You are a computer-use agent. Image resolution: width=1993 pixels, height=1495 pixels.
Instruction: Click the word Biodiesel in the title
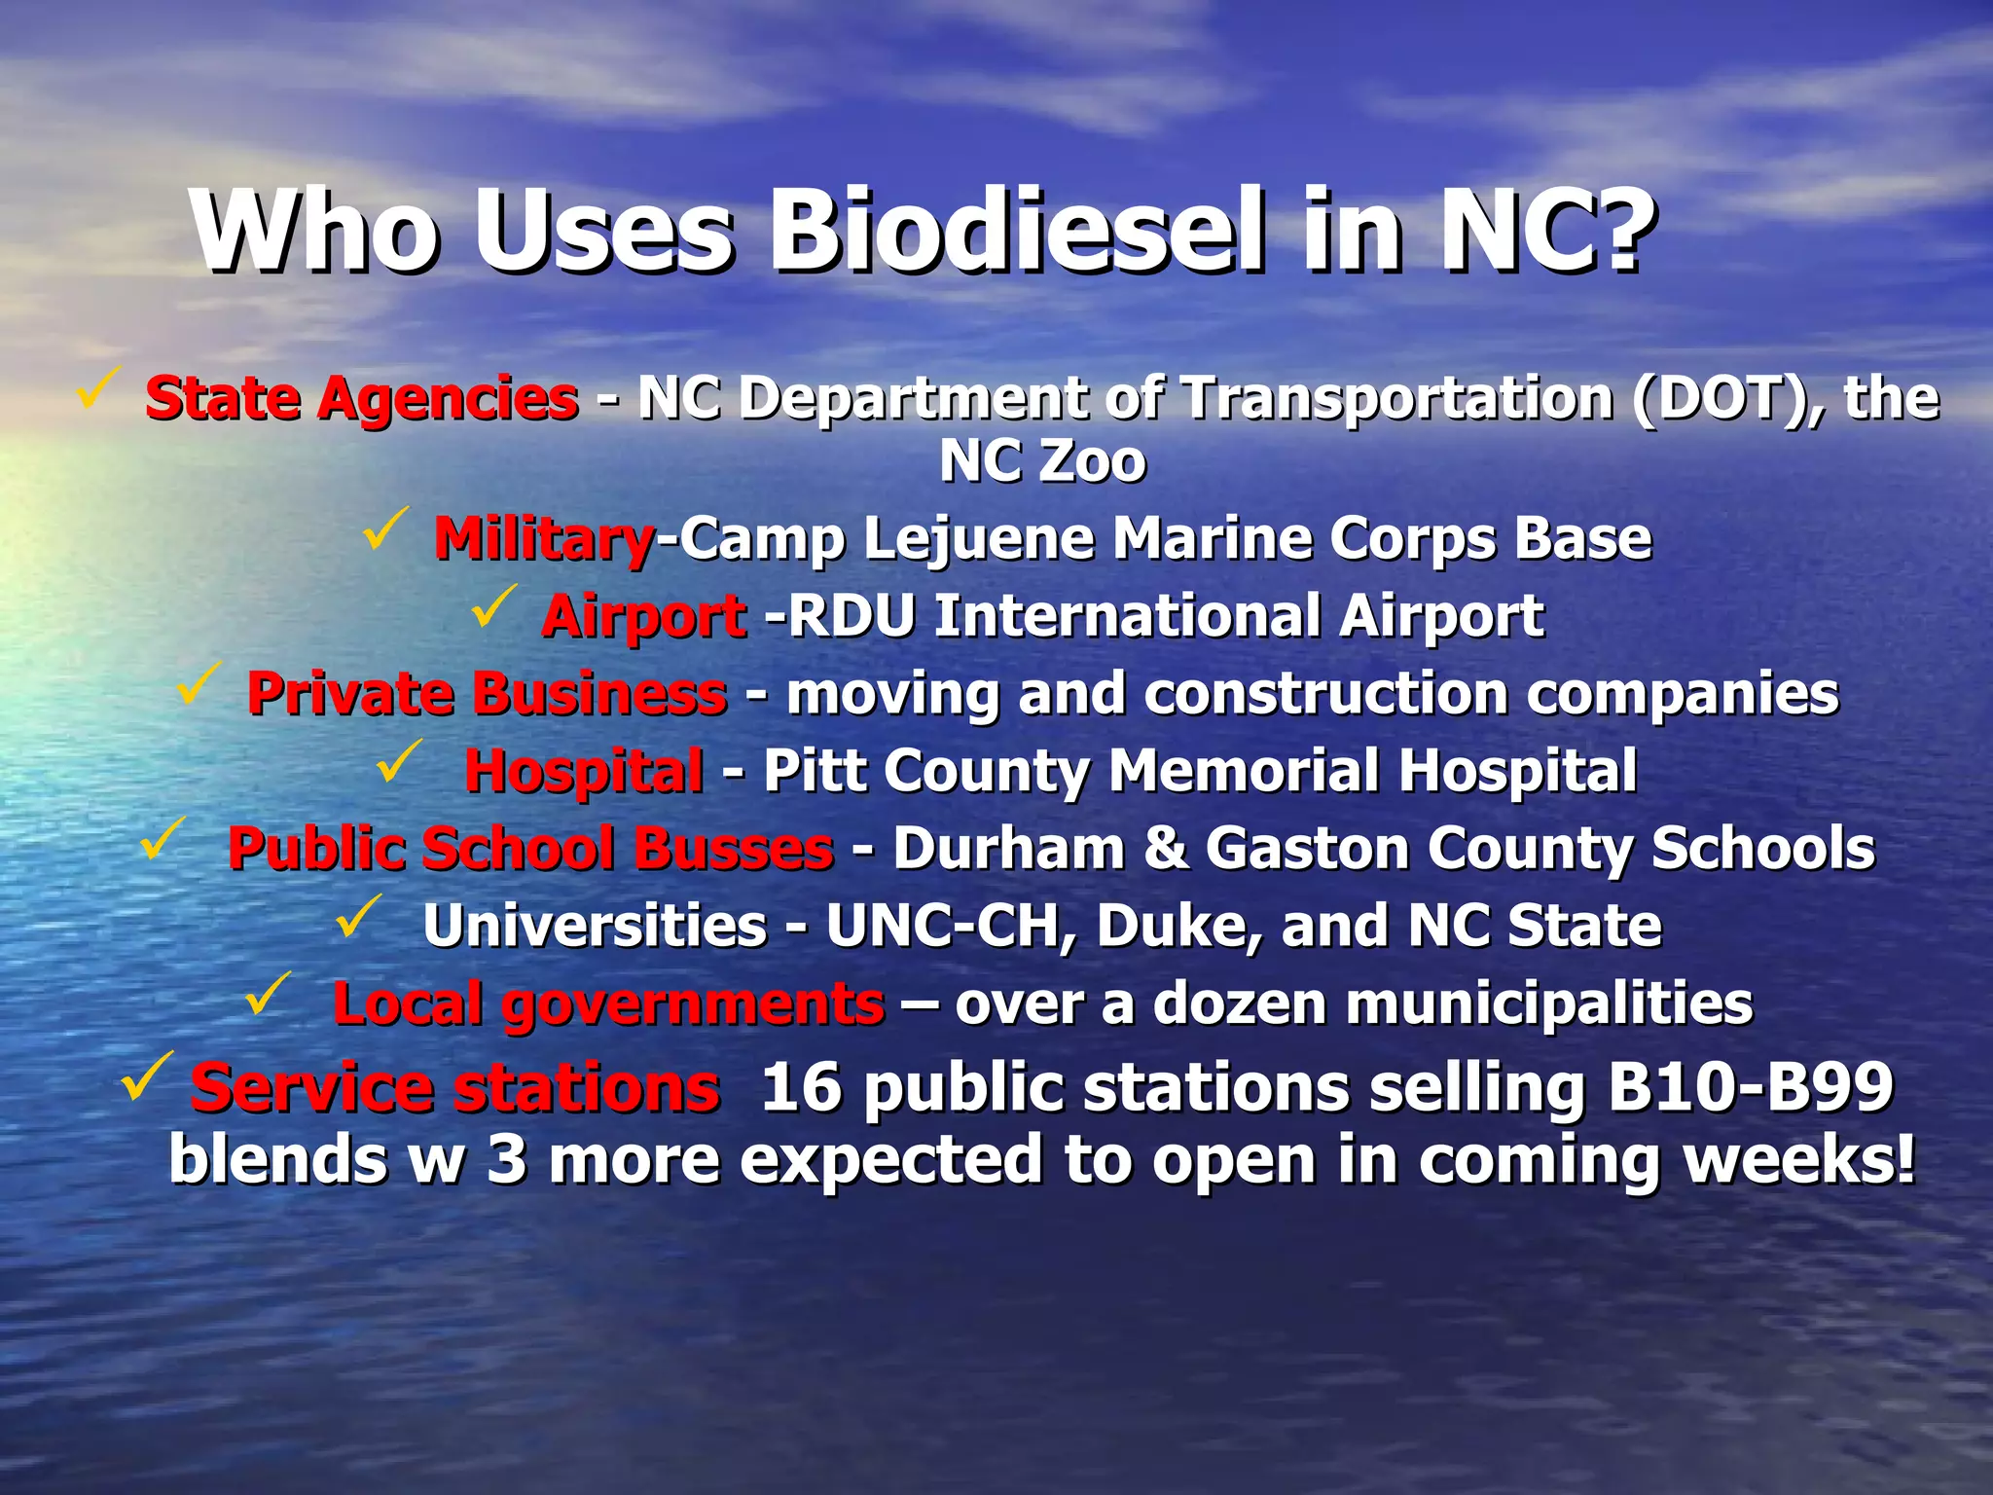pyautogui.click(x=1015, y=232)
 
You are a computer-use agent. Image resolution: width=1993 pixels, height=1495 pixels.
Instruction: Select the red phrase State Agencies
pyautogui.click(x=362, y=399)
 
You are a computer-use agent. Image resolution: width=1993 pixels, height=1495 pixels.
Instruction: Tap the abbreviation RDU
pyautogui.click(x=851, y=616)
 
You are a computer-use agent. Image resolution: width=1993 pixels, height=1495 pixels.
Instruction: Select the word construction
pyautogui.click(x=1325, y=694)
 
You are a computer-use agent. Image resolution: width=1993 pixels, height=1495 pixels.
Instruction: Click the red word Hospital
pyautogui.click(x=584, y=771)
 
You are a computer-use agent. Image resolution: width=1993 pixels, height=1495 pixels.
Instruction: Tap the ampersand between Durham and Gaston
pyautogui.click(x=1165, y=848)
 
